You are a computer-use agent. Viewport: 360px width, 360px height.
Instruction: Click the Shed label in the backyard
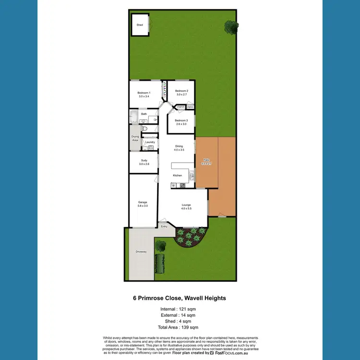click(140, 25)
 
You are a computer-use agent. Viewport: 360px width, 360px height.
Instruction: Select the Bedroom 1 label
click(144, 93)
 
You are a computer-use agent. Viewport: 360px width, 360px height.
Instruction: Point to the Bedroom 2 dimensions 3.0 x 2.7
click(181, 95)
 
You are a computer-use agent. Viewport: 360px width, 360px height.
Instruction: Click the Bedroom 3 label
click(181, 120)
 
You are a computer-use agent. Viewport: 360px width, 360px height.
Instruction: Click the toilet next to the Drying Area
click(144, 130)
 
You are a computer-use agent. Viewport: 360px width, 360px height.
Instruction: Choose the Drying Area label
click(135, 138)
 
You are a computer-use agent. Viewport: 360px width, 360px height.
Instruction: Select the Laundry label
click(149, 142)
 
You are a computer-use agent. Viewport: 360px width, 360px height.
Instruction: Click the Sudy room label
click(144, 160)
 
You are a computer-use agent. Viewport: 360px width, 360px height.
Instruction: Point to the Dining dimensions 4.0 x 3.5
click(179, 150)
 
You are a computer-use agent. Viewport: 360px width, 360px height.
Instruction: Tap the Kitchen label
click(178, 176)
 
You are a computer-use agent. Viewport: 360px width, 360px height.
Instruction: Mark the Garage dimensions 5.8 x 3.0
click(143, 205)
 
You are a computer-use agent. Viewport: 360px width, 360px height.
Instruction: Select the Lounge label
click(186, 205)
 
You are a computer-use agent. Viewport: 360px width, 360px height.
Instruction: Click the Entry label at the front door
click(164, 227)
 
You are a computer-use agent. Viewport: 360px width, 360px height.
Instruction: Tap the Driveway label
click(141, 252)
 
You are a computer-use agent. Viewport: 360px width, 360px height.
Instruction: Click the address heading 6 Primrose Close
click(180, 298)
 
